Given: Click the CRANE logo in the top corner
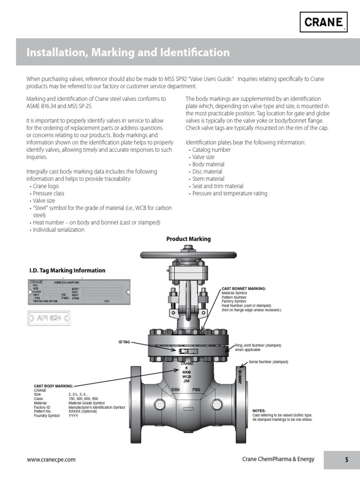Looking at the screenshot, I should coord(324,22).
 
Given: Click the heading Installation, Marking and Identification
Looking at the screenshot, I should coord(128,52).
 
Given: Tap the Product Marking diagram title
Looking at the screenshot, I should coord(188,239).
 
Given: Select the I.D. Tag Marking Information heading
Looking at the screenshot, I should coord(67,270).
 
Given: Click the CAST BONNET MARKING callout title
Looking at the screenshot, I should coord(243,289).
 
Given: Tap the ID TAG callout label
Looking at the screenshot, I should coord(124,342).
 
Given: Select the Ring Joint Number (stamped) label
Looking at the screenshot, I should coord(258,345).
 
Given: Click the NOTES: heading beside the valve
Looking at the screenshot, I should coord(259,411).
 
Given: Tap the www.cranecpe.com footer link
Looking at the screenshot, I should coord(51,460).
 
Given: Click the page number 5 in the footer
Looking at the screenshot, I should coord(346,460).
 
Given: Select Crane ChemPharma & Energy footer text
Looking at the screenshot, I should coord(278,459).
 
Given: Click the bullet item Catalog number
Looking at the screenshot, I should coord(211,150).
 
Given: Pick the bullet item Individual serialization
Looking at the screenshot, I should coord(58,230).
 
